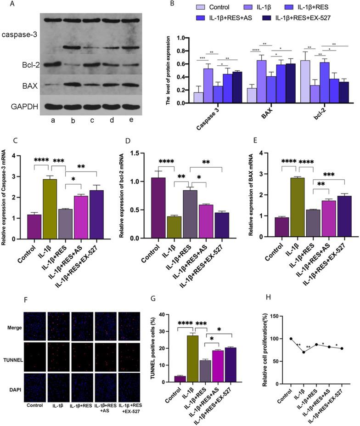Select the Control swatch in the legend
[x=201, y=7]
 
